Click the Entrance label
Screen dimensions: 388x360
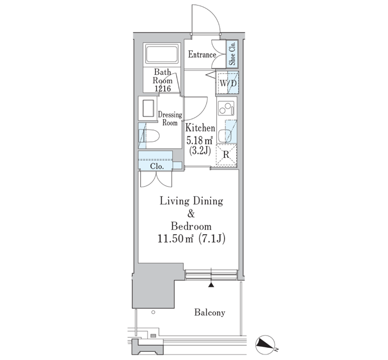tap(202, 54)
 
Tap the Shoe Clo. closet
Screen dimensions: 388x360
tap(232, 54)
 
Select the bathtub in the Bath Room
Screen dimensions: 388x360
tap(162, 54)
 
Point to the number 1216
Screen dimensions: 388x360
tap(162, 88)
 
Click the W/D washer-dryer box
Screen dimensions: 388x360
tap(228, 83)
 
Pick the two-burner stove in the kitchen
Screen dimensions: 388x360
tap(226, 109)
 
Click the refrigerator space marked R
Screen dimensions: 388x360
tap(226, 155)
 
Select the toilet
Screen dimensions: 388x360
tap(149, 136)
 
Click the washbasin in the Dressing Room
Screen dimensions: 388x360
tap(148, 109)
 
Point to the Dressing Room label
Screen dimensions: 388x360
tap(170, 119)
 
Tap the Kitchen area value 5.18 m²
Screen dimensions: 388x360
tap(200, 141)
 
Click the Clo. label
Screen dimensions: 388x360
tap(157, 166)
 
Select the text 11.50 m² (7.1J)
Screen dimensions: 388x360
tap(191, 239)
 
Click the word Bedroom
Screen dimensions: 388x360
tap(191, 226)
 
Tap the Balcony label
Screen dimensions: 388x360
tap(210, 312)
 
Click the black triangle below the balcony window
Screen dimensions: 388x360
tap(211, 285)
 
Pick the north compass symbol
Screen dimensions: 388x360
tap(266, 344)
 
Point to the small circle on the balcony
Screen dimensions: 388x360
tap(153, 312)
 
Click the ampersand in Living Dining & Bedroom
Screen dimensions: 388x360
tap(191, 214)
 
